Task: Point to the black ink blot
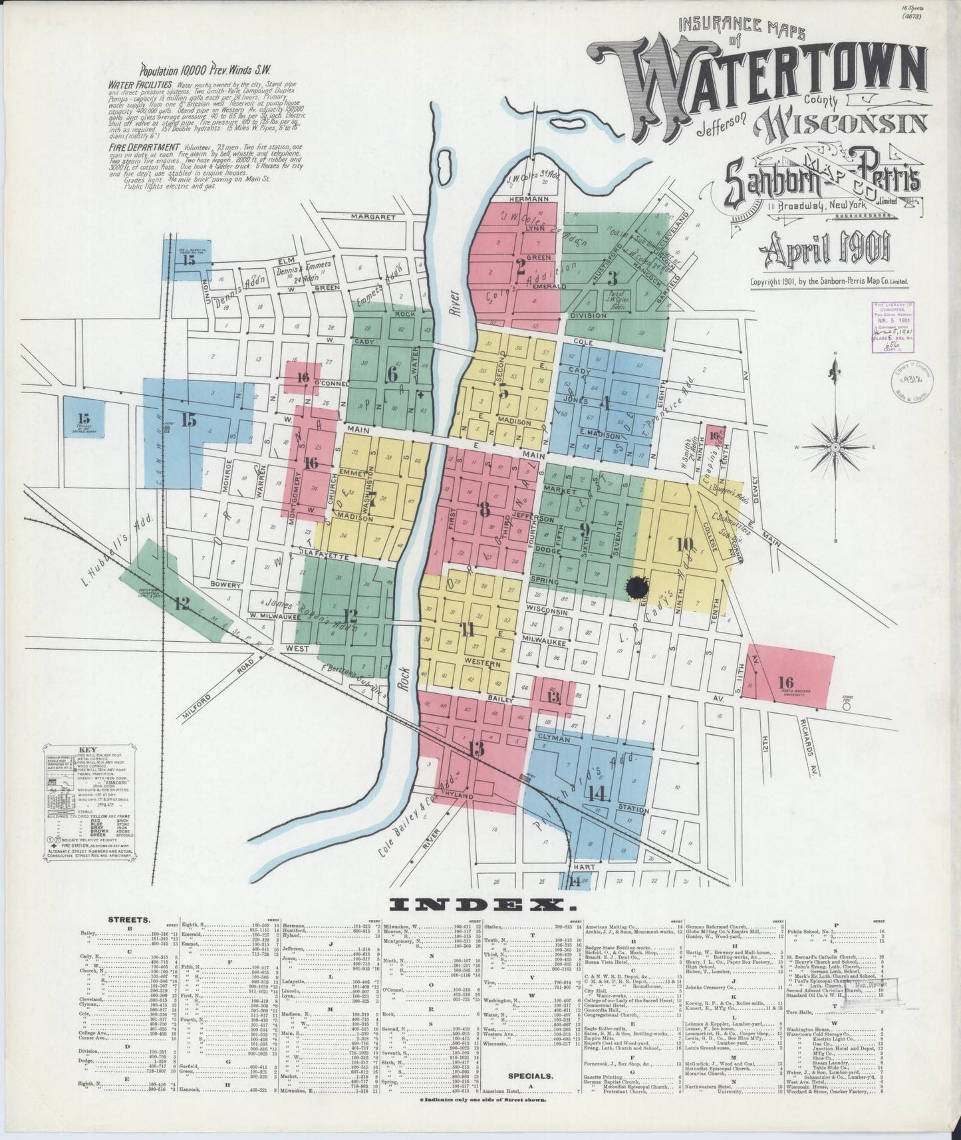639,586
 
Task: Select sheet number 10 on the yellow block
684,544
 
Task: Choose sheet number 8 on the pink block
484,509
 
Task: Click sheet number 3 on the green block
612,279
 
